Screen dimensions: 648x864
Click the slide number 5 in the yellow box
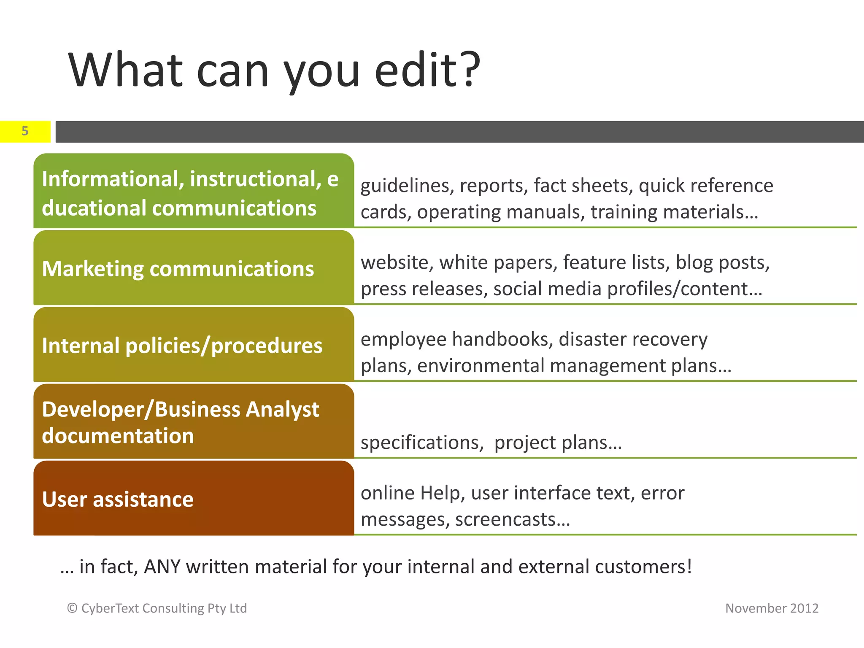click(25, 131)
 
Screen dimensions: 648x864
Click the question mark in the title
click(469, 70)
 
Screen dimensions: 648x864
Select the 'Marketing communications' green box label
click(178, 269)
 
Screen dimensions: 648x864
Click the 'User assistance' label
click(118, 499)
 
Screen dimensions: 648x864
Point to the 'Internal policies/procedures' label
click(182, 346)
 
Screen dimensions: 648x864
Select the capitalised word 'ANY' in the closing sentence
click(162, 567)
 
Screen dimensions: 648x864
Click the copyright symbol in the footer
click(72, 608)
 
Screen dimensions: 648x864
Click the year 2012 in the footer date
click(804, 608)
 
